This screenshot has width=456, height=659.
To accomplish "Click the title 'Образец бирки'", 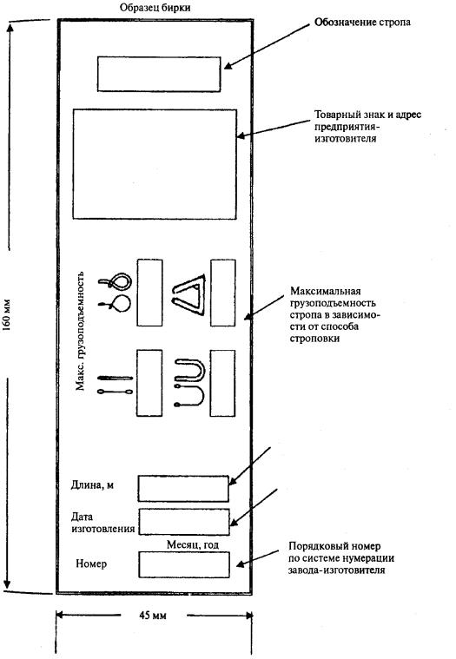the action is point(155,8).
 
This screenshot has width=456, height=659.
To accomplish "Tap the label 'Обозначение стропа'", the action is point(362,23).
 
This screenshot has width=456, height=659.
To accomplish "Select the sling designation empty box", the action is point(159,74).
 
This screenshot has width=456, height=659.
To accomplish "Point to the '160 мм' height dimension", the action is point(7,315).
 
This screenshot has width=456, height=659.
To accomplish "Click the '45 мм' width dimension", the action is point(153,616).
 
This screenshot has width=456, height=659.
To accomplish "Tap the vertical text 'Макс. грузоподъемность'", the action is point(80,331).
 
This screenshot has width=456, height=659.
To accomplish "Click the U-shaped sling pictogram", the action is point(190,383).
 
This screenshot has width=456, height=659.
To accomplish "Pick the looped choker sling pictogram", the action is point(115,293).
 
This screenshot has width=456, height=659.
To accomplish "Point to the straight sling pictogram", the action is point(115,385).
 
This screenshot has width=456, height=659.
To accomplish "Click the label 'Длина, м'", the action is point(92,485).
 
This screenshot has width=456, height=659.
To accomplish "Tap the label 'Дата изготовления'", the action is point(103,523).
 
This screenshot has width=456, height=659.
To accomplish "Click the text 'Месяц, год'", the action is point(193,544).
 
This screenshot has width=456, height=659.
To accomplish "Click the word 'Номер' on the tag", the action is point(91,563).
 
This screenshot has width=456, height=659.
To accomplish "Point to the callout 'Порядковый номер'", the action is point(334,546).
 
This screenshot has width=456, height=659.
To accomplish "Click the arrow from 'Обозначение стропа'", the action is point(267,46).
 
